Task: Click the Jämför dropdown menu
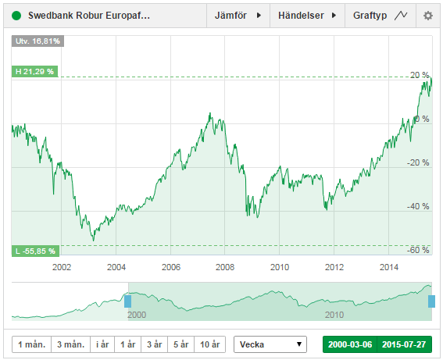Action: tap(237, 15)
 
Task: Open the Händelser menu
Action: tap(306, 15)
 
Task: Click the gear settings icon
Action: tap(427, 15)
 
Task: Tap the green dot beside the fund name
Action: tap(16, 15)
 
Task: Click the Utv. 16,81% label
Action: tap(36, 41)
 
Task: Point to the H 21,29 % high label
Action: tap(34, 71)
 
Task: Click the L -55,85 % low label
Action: tap(35, 251)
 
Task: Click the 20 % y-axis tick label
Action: tap(421, 76)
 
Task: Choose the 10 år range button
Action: tap(210, 344)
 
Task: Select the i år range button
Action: tap(102, 344)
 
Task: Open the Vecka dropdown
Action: tap(272, 344)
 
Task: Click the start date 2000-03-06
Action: tap(349, 344)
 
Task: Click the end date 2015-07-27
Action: tap(404, 344)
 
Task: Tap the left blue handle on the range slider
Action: tap(128, 300)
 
